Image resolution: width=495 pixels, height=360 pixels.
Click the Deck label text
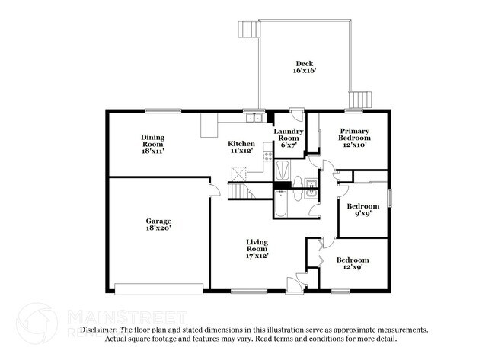pos(305,63)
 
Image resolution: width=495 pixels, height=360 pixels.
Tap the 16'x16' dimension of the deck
pos(305,72)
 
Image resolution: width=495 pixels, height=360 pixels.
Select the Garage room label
pos(158,221)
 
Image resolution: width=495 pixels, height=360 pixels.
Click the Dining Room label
pos(152,141)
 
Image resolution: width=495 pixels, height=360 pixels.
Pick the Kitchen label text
pos(241,143)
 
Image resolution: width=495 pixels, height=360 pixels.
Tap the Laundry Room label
pos(289,134)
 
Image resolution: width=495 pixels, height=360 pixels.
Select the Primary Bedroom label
pos(355,134)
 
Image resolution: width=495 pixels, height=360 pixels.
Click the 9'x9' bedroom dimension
pos(362,215)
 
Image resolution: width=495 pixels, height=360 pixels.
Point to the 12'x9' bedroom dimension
pos(353,268)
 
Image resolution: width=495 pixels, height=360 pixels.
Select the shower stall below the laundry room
pos(283,168)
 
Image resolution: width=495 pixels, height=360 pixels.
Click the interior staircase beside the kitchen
pos(241,191)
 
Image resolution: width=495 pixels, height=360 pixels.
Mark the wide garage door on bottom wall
pos(158,288)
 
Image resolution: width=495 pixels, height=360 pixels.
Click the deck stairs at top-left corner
pos(246,29)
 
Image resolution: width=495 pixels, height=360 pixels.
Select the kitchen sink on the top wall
pos(254,118)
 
